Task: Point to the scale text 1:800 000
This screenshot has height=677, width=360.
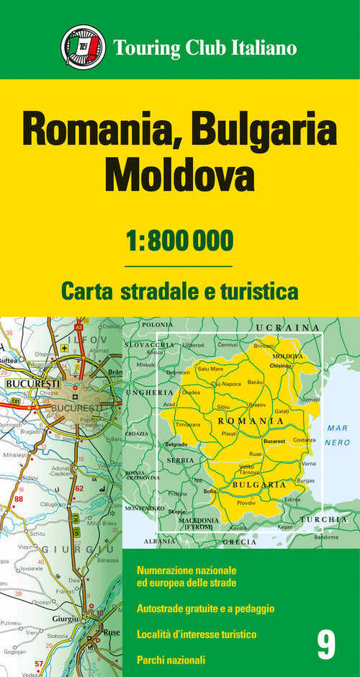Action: coord(179,240)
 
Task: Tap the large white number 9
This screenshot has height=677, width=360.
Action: coord(326,644)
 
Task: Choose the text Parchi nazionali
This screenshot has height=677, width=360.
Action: coord(171,659)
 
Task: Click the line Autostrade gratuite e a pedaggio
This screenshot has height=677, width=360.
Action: coord(205,609)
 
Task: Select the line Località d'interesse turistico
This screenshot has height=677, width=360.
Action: coord(196,634)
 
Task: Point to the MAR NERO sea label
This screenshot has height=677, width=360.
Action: coord(336,434)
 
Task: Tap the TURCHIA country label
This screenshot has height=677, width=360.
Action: coord(323,519)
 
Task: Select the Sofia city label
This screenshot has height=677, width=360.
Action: coord(210,492)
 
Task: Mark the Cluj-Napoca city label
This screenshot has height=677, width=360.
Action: coord(225,384)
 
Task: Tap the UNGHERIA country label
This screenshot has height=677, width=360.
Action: coord(150,393)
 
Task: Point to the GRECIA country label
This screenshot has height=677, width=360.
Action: coord(239,541)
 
